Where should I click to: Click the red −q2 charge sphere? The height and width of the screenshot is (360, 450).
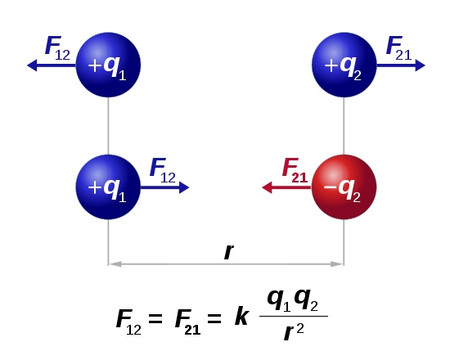(x=344, y=187)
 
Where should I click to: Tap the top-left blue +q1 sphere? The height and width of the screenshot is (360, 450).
(x=108, y=65)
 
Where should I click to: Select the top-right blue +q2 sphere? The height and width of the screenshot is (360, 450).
(x=344, y=65)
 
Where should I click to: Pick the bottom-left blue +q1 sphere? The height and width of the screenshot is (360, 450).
(x=108, y=187)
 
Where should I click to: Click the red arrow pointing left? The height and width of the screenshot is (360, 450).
(x=286, y=187)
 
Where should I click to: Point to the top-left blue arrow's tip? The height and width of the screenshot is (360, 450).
(x=27, y=65)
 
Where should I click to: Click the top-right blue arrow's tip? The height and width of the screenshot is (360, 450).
(x=425, y=65)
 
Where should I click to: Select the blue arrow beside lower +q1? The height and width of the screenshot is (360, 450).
(x=165, y=187)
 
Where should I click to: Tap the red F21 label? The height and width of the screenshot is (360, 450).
(x=295, y=170)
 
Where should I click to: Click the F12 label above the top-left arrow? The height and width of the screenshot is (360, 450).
(x=57, y=48)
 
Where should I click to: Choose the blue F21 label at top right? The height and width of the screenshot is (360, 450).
(x=398, y=48)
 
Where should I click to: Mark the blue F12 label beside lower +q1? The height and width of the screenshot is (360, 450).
(x=163, y=170)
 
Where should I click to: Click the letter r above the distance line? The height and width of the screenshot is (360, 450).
(x=229, y=252)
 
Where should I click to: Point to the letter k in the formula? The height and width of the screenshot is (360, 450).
(x=241, y=317)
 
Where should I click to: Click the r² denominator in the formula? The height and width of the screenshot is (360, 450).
(x=293, y=332)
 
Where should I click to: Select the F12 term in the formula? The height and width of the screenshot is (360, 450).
(x=128, y=322)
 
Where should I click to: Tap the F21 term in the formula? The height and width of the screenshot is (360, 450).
(x=187, y=322)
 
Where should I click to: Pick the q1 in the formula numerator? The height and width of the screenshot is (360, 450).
(x=279, y=300)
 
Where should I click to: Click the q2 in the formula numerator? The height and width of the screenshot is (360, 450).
(x=306, y=300)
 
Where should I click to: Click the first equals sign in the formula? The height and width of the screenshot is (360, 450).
(x=155, y=318)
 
